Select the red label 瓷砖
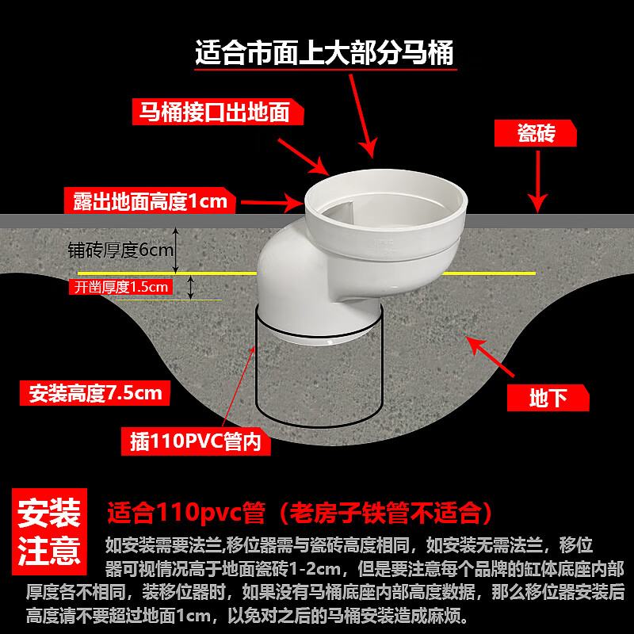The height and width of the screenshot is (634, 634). tap(536, 133)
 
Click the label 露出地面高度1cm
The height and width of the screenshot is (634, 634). tap(150, 201)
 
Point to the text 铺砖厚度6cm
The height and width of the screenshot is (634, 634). tap(120, 250)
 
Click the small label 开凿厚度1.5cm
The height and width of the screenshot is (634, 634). tap(121, 287)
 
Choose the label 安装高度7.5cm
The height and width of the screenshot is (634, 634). tap(94, 392)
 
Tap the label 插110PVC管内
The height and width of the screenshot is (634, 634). tap(195, 441)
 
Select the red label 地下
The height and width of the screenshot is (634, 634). tap(548, 397)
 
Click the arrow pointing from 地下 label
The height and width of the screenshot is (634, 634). tap(491, 357)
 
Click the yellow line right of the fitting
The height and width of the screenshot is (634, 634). tap(488, 273)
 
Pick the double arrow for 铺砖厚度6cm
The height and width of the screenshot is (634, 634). tap(177, 250)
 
